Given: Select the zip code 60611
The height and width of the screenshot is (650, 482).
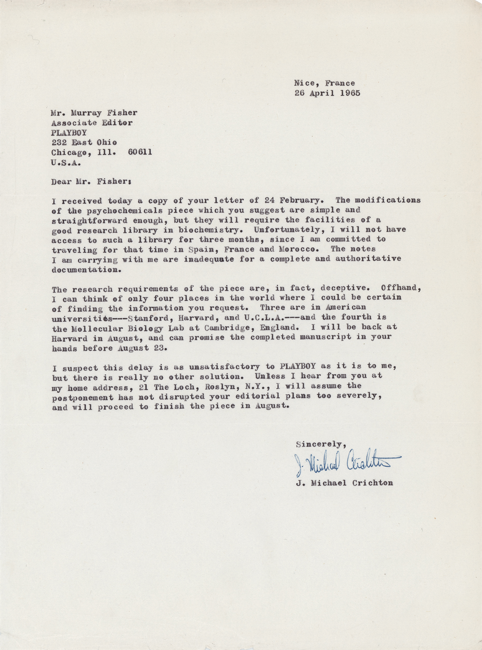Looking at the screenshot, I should [140, 152].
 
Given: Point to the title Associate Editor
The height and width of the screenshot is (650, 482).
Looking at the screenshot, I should [92, 123].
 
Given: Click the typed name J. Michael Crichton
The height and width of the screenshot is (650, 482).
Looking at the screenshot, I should [344, 483].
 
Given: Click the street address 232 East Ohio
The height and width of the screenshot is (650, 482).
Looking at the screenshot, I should [84, 142].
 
